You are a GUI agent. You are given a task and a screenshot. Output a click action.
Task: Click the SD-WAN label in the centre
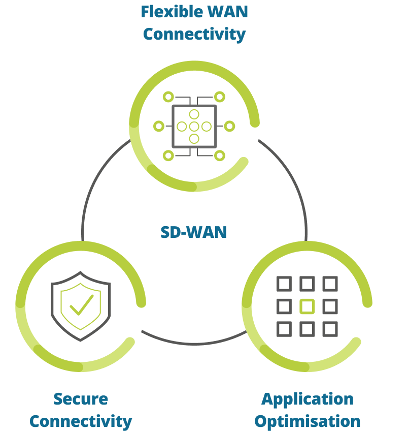click(x=193, y=232)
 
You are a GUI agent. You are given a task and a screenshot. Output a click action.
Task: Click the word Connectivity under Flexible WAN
click(x=194, y=34)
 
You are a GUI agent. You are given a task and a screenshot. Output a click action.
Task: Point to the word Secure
click(x=81, y=398)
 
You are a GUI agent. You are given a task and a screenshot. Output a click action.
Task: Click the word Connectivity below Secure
click(x=81, y=421)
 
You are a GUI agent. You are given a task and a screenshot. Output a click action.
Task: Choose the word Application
click(x=308, y=398)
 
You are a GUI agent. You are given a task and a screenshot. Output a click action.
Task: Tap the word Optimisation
click(x=308, y=421)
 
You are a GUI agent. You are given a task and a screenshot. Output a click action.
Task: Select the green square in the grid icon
click(x=307, y=306)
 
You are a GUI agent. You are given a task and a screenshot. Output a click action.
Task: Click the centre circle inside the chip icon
click(x=194, y=126)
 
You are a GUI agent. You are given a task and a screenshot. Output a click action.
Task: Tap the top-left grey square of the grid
click(x=284, y=284)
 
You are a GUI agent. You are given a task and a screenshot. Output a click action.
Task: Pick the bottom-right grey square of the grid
click(x=330, y=329)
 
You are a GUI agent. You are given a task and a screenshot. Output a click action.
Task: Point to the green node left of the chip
click(x=159, y=126)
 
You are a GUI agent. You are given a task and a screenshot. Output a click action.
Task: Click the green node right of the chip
click(x=229, y=126)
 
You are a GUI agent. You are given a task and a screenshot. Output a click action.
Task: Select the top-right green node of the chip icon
click(x=219, y=97)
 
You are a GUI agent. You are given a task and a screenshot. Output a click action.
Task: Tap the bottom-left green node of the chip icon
click(x=168, y=156)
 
